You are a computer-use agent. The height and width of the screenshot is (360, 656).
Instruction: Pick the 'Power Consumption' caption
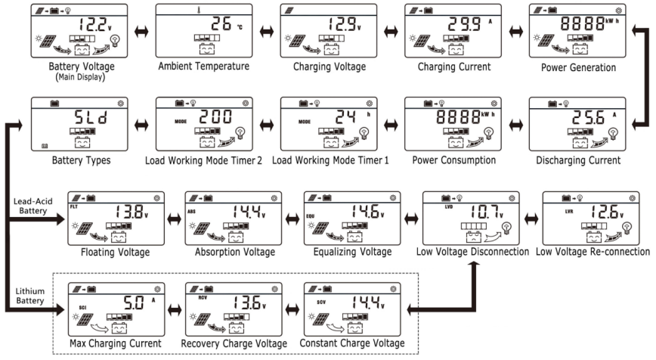[451, 160]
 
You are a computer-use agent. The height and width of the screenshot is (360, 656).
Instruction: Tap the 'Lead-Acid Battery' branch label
[32, 207]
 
